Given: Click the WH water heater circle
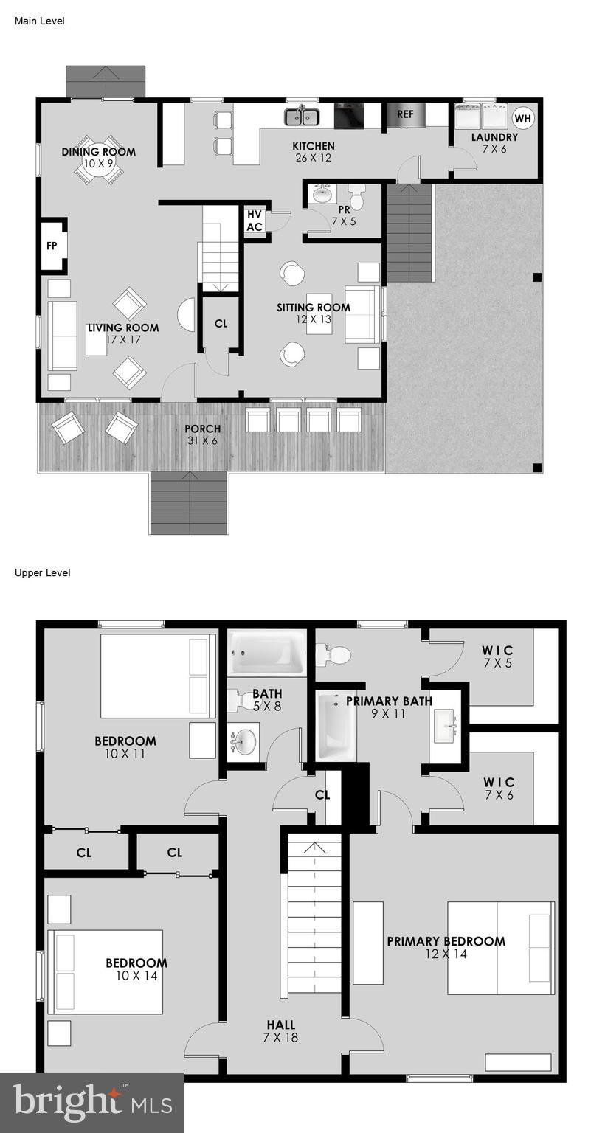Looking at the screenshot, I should [x=522, y=118].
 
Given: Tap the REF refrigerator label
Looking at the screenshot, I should [x=405, y=114].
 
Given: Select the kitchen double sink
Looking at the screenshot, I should [x=302, y=117].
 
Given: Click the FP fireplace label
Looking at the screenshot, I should [x=52, y=246].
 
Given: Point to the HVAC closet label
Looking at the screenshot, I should [x=255, y=221].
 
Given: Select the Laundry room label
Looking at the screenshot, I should [x=494, y=137].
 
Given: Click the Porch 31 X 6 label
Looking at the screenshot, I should [x=202, y=434].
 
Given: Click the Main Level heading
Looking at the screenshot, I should [x=39, y=21].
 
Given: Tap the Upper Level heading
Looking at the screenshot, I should [x=42, y=573].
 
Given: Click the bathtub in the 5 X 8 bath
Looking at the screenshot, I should [x=266, y=653].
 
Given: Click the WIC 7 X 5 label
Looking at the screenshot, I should [x=498, y=656].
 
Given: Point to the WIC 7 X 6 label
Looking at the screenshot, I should [x=498, y=788].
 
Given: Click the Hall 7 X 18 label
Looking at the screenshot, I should [x=280, y=1030].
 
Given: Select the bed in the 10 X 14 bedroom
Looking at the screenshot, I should [x=105, y=971].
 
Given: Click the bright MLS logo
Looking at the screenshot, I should [x=92, y=1103].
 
